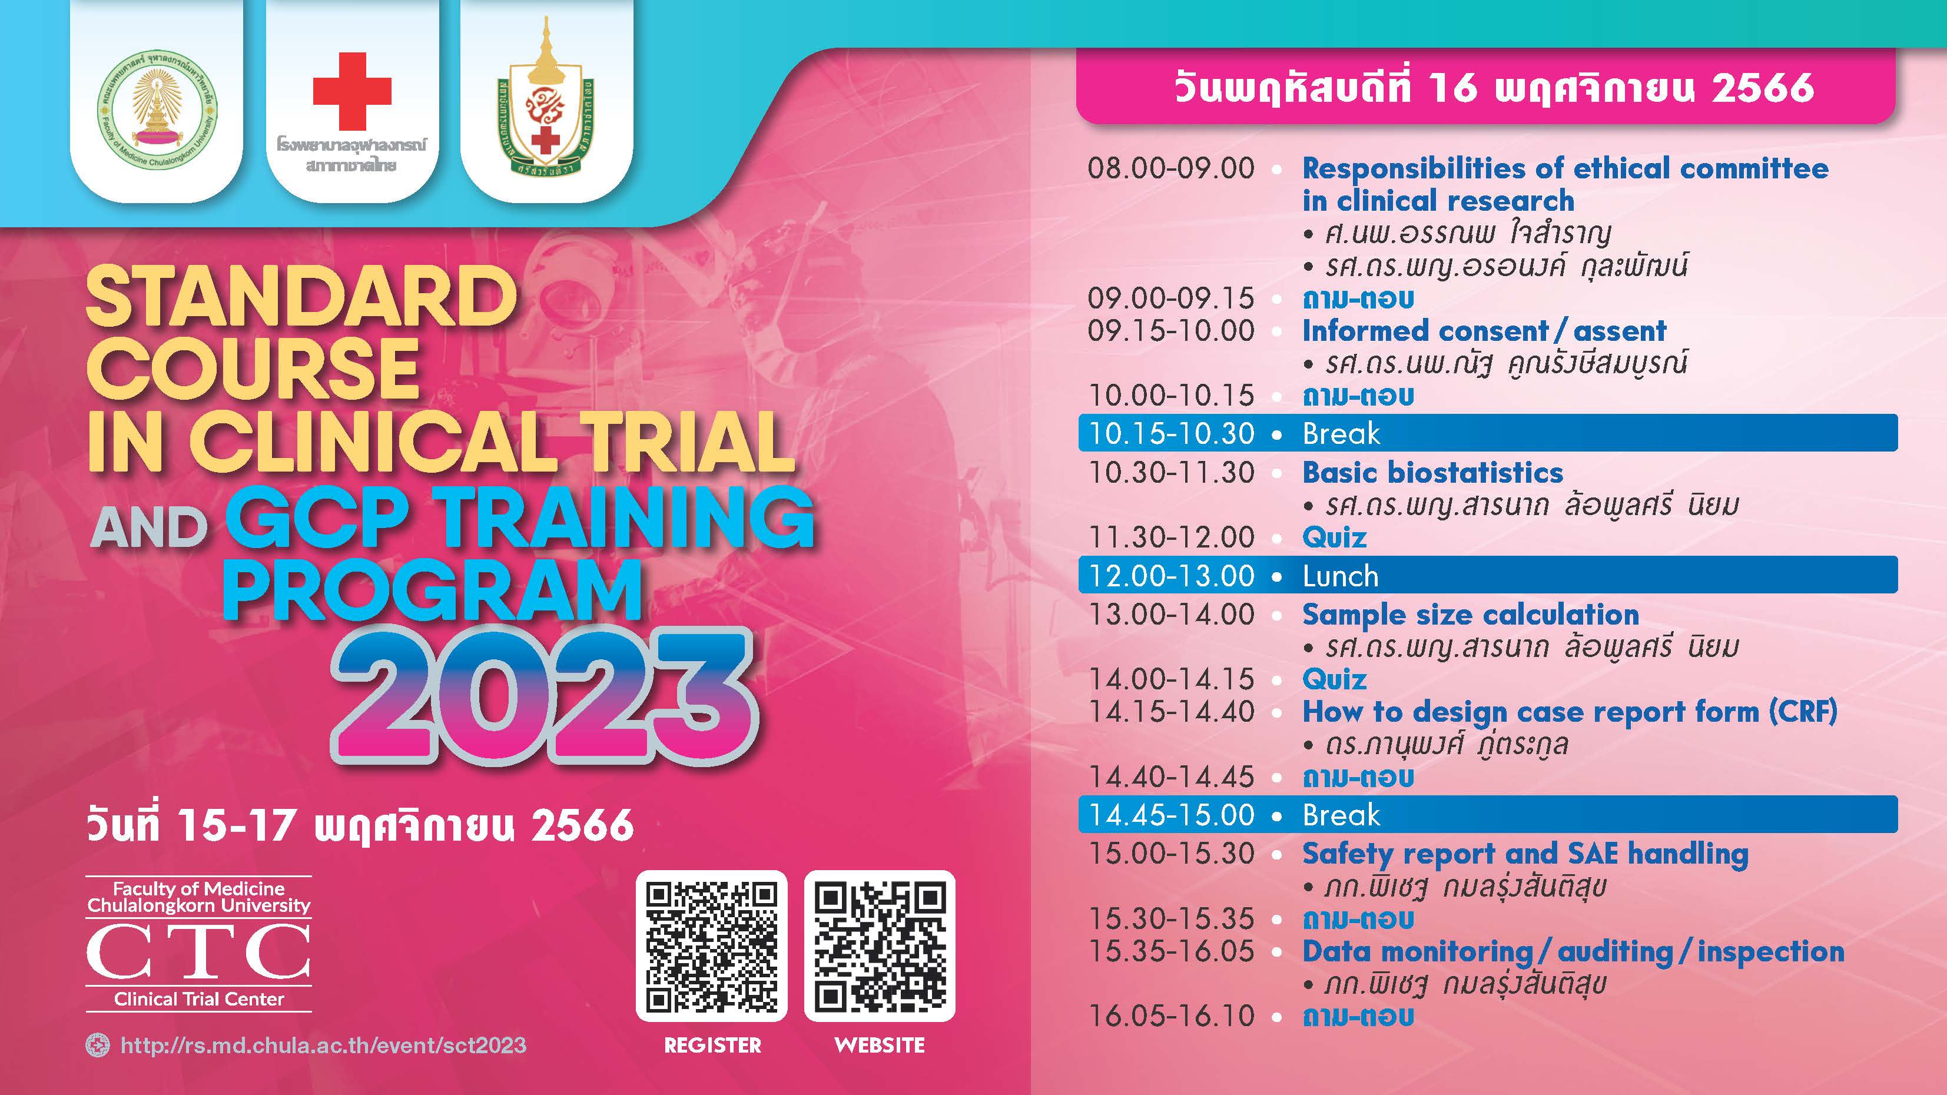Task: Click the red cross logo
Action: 352,91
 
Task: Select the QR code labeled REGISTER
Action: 711,946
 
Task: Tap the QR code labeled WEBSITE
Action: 880,946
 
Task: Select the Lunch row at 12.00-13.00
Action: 1487,575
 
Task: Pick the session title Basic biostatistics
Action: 1432,472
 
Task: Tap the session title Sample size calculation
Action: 1470,615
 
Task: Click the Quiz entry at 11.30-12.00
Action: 1334,537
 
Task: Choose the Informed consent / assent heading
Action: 1484,331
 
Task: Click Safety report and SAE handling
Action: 1525,854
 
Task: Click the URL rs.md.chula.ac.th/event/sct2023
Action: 323,1045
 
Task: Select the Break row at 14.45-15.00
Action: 1487,815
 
